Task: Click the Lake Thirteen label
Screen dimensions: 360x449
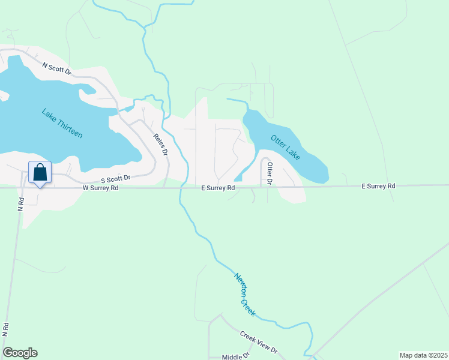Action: click(x=62, y=123)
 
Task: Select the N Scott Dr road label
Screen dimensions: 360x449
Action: click(x=56, y=68)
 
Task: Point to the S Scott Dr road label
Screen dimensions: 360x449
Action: click(x=115, y=179)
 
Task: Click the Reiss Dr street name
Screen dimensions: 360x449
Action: click(x=160, y=145)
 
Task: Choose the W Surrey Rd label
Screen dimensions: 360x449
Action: click(x=100, y=188)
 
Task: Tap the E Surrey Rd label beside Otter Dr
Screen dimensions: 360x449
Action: click(x=218, y=188)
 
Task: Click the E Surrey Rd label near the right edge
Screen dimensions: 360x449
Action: click(x=378, y=187)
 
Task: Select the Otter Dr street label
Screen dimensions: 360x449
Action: click(x=270, y=173)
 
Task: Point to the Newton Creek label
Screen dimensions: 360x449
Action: click(x=244, y=294)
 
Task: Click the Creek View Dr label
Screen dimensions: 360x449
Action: click(x=259, y=341)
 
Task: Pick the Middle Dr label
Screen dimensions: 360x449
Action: click(x=235, y=356)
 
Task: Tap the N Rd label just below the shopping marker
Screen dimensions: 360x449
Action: click(x=20, y=204)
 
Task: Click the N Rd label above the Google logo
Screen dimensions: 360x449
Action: click(x=5, y=329)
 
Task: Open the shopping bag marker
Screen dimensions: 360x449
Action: click(x=40, y=172)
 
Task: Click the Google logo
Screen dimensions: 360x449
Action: click(x=20, y=353)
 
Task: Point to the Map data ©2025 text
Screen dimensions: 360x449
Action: click(x=423, y=355)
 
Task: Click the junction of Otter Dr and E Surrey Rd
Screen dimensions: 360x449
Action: click(x=262, y=187)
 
